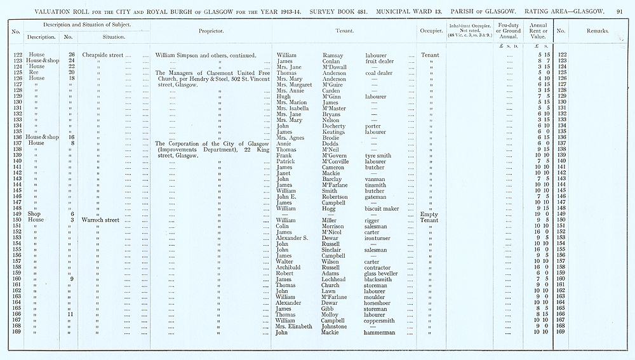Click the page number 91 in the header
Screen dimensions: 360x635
619,11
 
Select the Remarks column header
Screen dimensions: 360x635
596,30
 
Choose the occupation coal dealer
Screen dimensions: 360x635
381,72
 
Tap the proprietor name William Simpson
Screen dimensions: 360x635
184,55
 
